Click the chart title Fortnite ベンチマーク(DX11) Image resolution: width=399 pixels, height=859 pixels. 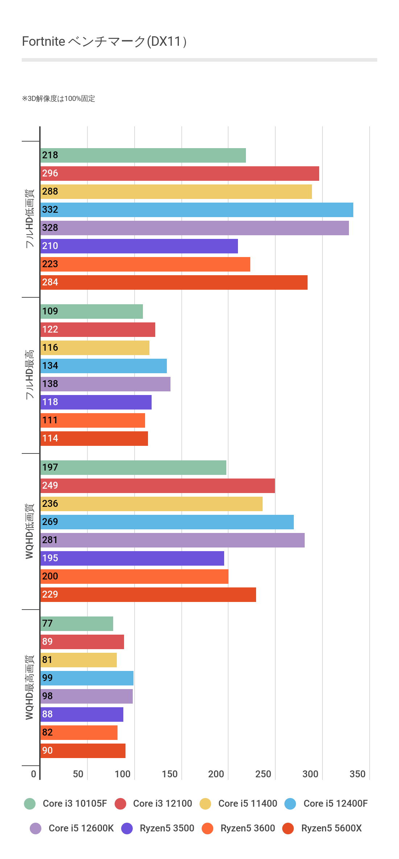pyautogui.click(x=104, y=42)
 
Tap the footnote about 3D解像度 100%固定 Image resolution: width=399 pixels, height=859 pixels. pyautogui.click(x=58, y=99)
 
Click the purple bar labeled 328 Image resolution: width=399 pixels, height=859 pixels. pyautogui.click(x=194, y=228)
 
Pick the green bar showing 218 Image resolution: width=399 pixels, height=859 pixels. pyautogui.click(x=143, y=155)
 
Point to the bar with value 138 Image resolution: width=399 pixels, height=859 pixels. pyautogui.click(x=105, y=384)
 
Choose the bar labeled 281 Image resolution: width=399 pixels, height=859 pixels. pyautogui.click(x=172, y=540)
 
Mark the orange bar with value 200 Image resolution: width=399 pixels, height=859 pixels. pyautogui.click(x=134, y=577)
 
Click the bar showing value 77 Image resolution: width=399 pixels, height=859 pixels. pyautogui.click(x=77, y=624)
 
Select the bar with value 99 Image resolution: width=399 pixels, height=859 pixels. pyautogui.click(x=87, y=678)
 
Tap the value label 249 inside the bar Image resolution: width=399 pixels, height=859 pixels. pyautogui.click(x=50, y=486)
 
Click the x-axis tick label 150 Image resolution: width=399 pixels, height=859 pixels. pyautogui.click(x=170, y=774)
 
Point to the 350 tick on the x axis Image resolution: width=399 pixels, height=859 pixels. pyautogui.click(x=357, y=774)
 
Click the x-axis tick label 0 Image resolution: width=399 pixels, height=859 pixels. pyautogui.click(x=33, y=774)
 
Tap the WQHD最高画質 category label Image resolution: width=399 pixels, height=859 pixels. pyautogui.click(x=30, y=687)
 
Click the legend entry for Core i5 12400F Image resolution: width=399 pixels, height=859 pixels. pyautogui.click(x=335, y=803)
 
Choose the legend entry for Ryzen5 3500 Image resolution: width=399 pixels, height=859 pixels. pyautogui.click(x=167, y=828)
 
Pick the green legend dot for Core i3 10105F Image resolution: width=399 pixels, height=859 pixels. pyautogui.click(x=30, y=804)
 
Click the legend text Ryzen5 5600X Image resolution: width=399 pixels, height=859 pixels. pyautogui.click(x=331, y=828)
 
